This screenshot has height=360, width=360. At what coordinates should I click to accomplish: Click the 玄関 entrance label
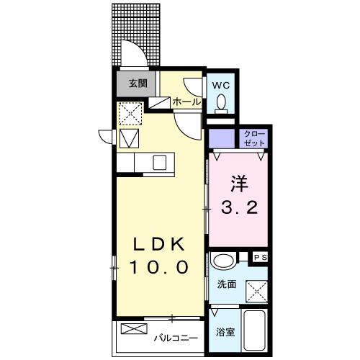(138, 83)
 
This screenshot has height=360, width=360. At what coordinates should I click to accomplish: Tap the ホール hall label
(186, 102)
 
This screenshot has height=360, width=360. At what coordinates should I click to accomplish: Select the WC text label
(222, 84)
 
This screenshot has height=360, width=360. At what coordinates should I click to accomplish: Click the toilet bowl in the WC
(222, 105)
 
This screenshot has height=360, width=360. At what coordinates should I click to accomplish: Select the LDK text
(159, 243)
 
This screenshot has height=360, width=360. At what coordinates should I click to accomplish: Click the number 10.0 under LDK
(159, 267)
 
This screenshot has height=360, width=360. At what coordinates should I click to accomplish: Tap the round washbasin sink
(224, 261)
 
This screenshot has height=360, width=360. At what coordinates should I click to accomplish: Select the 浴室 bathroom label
(225, 332)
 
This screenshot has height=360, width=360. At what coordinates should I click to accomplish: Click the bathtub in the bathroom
(256, 329)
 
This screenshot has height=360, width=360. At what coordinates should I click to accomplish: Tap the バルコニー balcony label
(176, 336)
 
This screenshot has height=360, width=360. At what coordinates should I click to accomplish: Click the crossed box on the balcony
(132, 329)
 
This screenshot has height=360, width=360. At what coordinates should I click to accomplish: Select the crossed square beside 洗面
(256, 288)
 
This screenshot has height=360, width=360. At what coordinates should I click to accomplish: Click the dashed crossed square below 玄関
(130, 112)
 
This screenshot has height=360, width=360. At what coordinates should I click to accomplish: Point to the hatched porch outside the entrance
(137, 32)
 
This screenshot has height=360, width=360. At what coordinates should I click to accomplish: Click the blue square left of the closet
(222, 136)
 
